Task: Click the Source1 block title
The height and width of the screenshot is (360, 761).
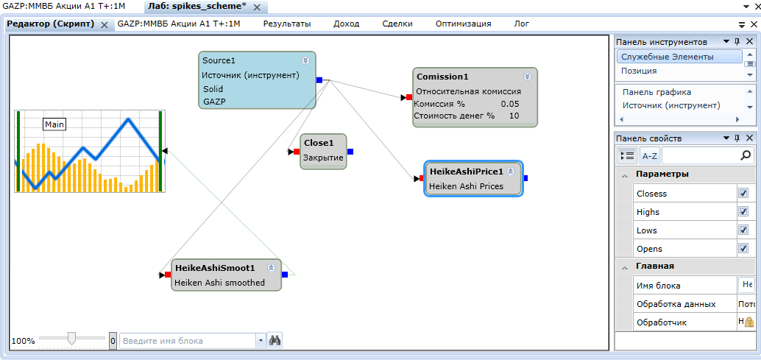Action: pos(218,60)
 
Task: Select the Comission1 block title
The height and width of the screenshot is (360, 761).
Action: pos(442,77)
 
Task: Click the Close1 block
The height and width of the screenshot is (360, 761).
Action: pos(323,151)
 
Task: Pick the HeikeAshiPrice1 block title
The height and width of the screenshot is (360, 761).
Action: pos(467,172)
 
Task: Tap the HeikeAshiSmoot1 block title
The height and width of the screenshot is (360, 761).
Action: pos(214,268)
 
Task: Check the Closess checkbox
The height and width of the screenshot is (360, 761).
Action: pos(743,194)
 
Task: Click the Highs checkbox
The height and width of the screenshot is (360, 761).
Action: pos(743,212)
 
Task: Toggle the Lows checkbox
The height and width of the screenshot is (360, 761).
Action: pos(743,230)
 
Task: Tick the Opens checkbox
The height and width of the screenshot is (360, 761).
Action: pos(743,249)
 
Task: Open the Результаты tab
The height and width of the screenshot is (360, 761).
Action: pos(287,24)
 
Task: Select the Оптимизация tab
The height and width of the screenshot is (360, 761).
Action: pos(463,24)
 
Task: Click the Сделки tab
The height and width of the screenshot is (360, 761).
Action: pos(397,24)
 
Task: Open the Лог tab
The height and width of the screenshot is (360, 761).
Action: pos(521,24)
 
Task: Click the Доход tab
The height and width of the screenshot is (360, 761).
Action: pos(346,24)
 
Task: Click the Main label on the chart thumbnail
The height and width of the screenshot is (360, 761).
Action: pos(54,124)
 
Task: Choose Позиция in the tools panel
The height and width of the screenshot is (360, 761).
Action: pos(639,71)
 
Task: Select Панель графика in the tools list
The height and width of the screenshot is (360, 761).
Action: pos(656,92)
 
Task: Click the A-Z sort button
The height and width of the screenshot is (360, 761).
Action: pos(649,155)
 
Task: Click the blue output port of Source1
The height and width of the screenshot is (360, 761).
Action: pos(319,80)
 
